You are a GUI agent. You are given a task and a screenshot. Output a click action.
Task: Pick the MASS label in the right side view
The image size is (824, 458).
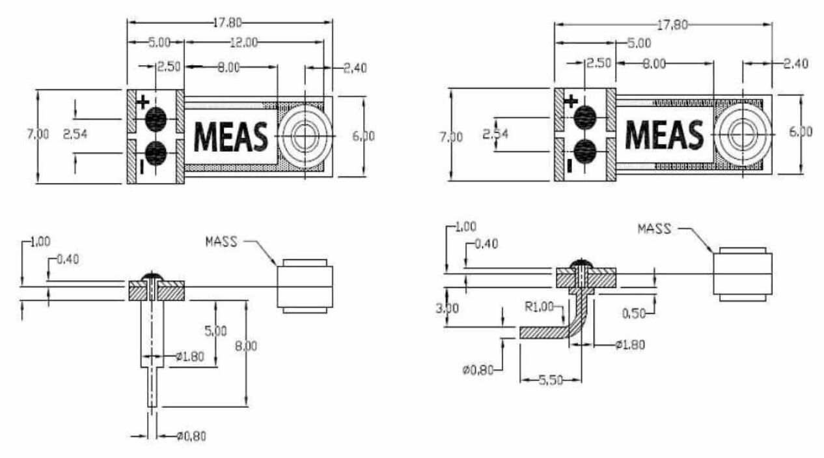point(655,229)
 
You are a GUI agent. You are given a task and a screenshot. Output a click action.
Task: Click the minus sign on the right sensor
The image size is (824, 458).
point(570,166)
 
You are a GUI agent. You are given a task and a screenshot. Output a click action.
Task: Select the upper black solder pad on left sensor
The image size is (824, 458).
point(156,119)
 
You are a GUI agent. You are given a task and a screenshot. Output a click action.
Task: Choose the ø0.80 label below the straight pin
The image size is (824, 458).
point(191,436)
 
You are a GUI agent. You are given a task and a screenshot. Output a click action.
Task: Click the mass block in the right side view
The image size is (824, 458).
point(743,274)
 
